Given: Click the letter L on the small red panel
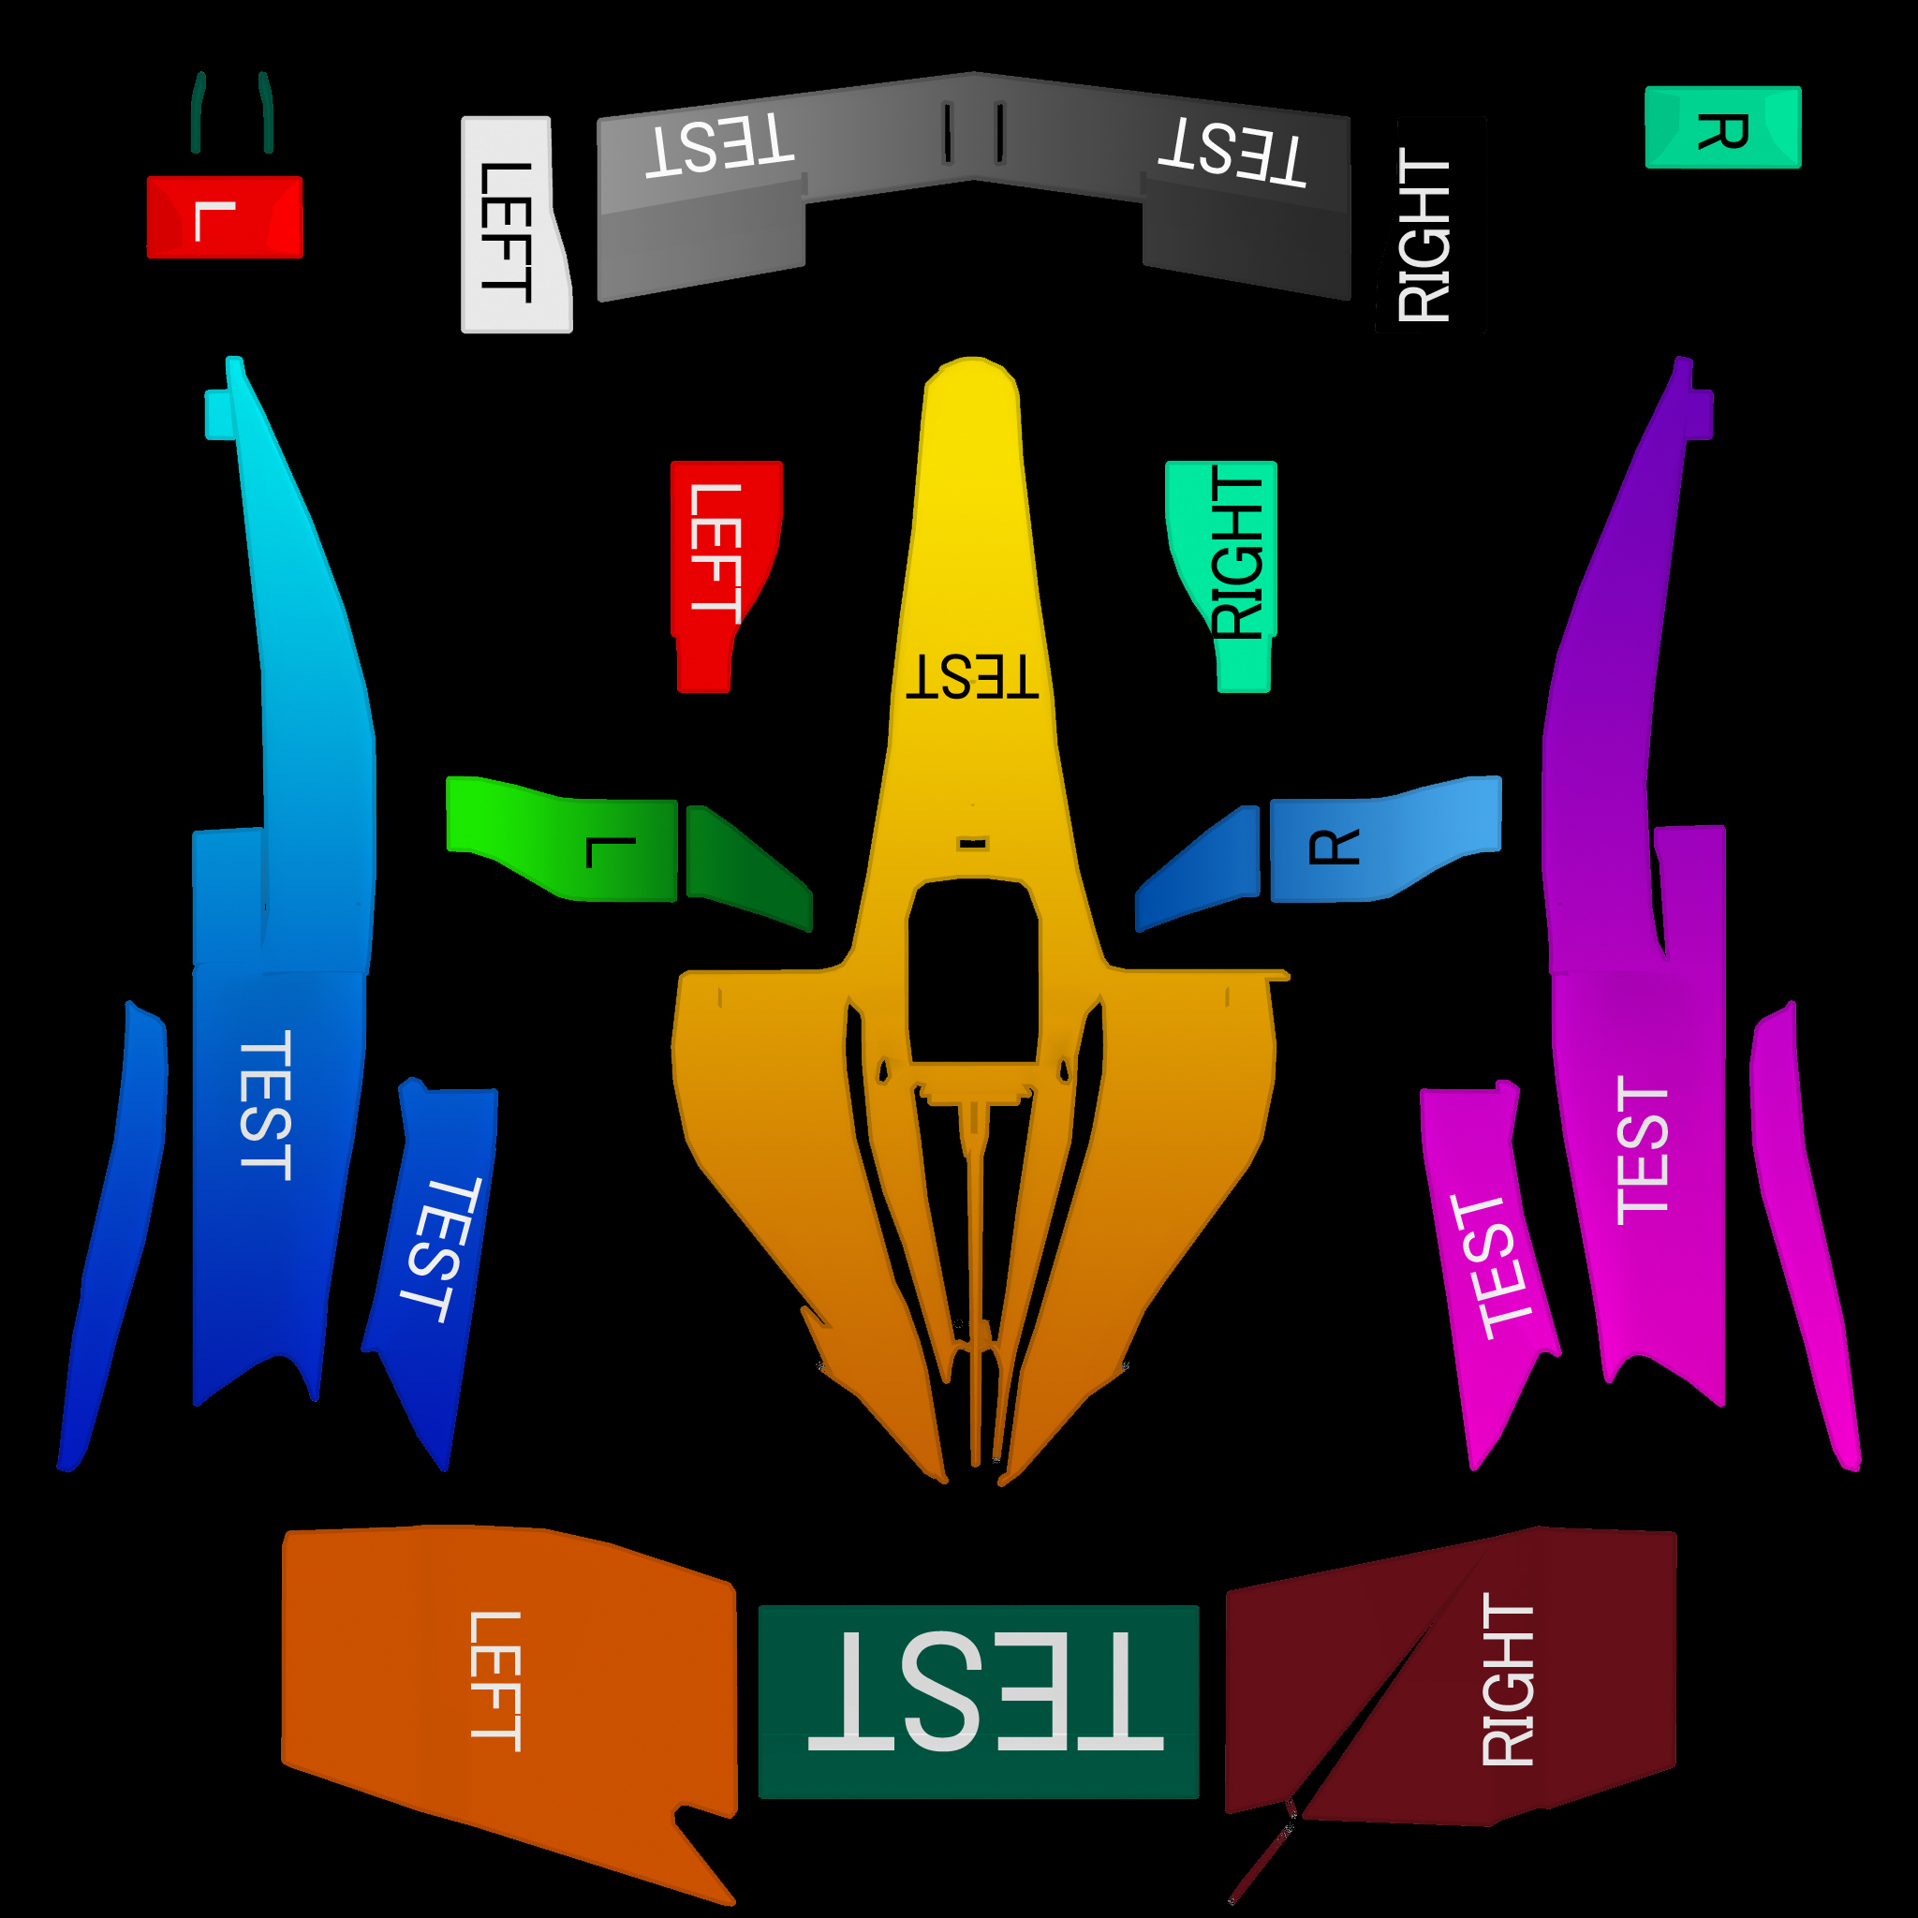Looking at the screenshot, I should pos(214,220).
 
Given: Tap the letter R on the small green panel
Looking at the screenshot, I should pos(1722,131).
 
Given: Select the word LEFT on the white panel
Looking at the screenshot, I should pos(506,231).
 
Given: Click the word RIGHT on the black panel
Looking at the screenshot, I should pos(1424,235).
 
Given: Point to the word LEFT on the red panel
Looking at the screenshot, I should pos(715,553).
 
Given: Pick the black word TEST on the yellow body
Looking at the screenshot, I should pos(972,678).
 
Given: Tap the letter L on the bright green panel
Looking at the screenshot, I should pos(610,852).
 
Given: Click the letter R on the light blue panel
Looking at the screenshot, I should pos(1334,847).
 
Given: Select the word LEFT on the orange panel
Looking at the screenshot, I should pos(494,1682).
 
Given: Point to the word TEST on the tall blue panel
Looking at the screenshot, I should pos(266,1105).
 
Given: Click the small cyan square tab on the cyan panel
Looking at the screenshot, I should pos(217,414).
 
